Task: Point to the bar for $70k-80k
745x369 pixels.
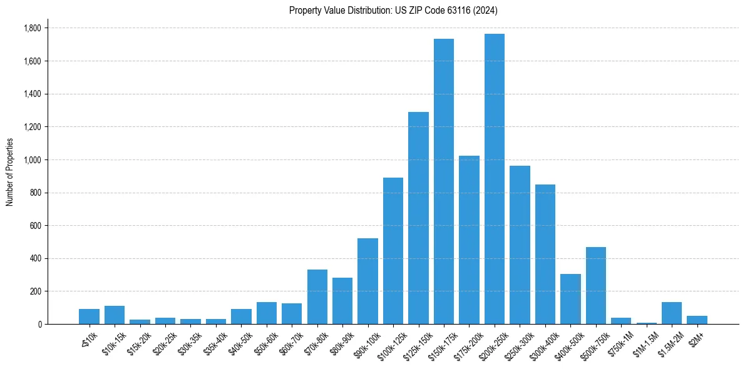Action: pos(317,296)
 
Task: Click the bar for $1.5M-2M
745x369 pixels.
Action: pos(672,313)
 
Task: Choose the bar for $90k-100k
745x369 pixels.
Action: pos(368,281)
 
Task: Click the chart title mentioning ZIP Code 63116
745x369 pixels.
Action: pos(393,11)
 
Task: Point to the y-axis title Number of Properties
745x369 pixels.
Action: pos(10,172)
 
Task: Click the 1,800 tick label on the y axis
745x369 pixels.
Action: pos(32,28)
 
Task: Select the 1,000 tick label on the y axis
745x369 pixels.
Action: pos(32,160)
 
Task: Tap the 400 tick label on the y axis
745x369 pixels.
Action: pos(35,258)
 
